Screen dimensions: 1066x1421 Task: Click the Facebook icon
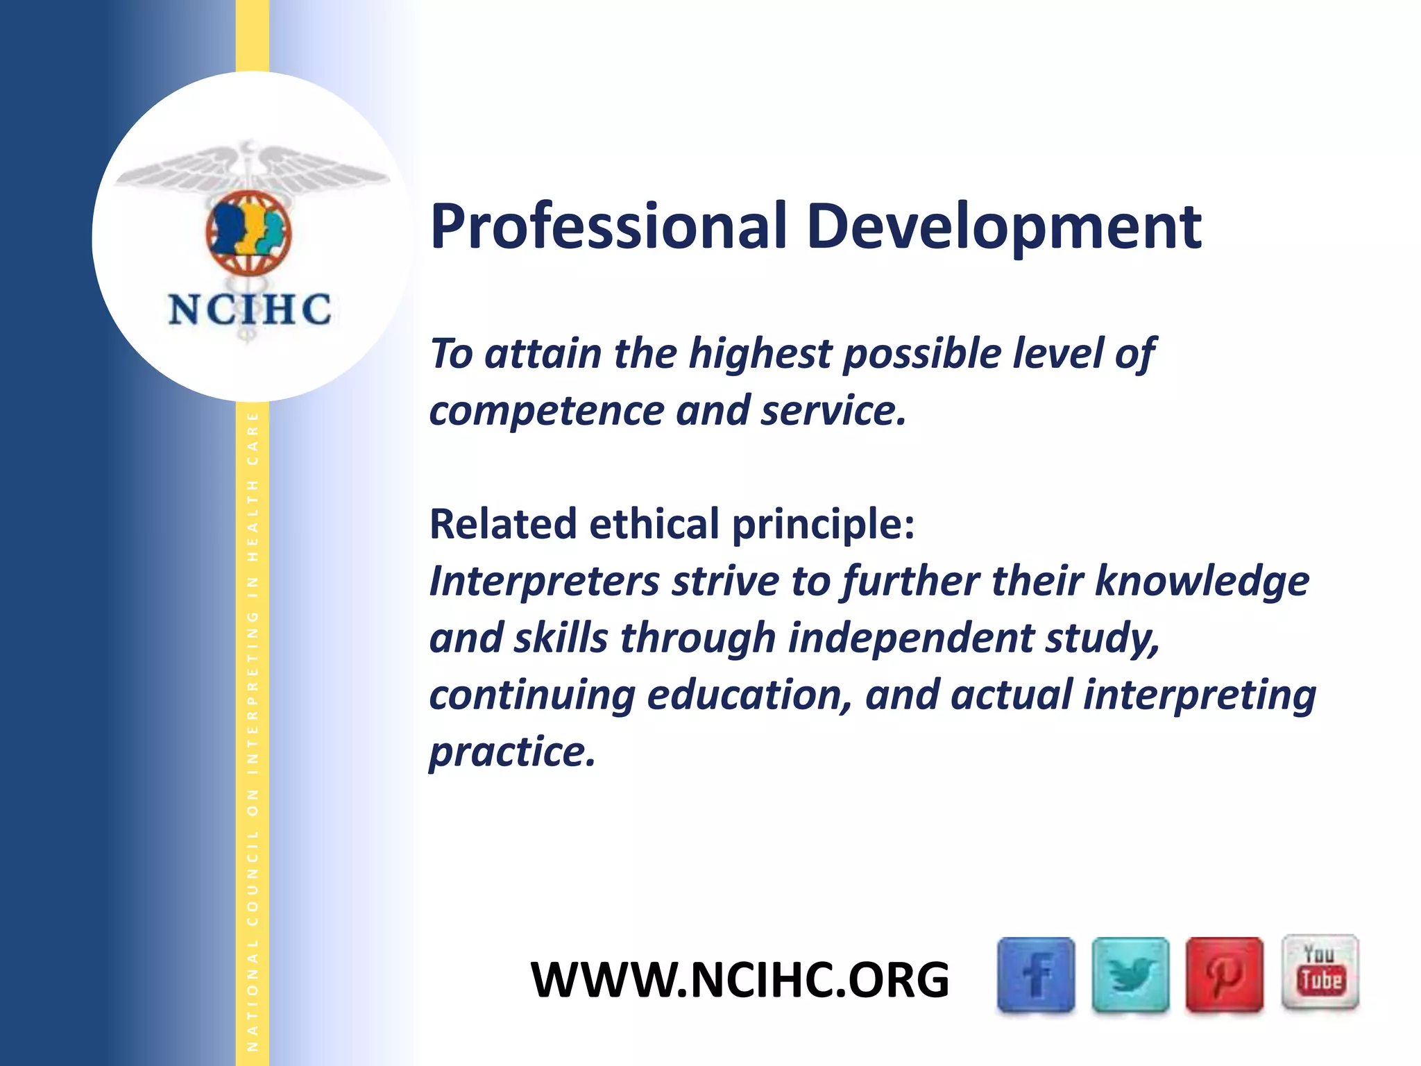(x=1035, y=974)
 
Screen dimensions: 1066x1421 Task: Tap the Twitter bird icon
(x=1130, y=974)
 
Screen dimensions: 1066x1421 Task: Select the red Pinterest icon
(x=1224, y=974)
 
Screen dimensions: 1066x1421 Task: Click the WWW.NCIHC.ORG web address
(x=740, y=980)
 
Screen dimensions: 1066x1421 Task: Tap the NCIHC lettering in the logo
(x=249, y=310)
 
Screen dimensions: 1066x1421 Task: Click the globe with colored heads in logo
(x=248, y=232)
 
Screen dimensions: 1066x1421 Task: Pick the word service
(x=833, y=411)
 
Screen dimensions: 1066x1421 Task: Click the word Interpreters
(x=544, y=582)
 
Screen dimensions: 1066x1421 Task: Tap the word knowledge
(x=1202, y=582)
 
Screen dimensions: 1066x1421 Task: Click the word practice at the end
(x=512, y=752)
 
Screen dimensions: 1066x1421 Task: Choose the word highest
(x=760, y=354)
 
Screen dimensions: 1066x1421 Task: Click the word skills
(x=561, y=638)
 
